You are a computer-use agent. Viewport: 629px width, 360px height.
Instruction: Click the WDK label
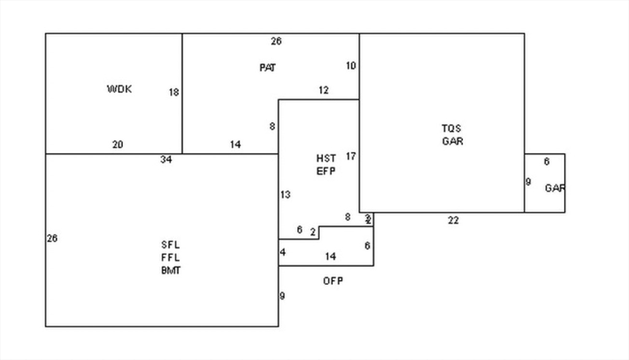(119, 89)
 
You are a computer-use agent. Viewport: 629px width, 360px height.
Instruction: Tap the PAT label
(267, 68)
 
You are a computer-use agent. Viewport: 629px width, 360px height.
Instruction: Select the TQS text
(451, 128)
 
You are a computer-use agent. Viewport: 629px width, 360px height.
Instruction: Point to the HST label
(326, 158)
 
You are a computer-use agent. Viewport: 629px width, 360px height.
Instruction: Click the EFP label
(326, 171)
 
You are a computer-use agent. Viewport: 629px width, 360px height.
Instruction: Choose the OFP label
(333, 281)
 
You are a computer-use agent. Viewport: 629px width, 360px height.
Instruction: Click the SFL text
(171, 245)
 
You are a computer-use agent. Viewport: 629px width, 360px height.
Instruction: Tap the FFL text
(171, 257)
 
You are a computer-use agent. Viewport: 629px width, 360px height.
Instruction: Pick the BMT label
(171, 270)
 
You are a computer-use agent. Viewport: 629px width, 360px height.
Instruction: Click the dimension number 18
(174, 92)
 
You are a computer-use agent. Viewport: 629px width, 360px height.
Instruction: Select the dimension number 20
(117, 145)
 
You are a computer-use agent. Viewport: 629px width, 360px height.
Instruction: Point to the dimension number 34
(166, 160)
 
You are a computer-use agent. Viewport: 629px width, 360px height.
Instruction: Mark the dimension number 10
(351, 66)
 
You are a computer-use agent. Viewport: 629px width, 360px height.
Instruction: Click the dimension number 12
(324, 90)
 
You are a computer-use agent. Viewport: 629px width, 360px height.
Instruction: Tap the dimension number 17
(351, 156)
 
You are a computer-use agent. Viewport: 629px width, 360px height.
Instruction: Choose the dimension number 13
(285, 195)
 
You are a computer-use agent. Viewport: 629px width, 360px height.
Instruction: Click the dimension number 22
(453, 221)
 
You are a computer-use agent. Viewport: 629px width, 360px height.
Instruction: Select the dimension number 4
(283, 252)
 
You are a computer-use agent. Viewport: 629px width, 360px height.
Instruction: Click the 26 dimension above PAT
(276, 41)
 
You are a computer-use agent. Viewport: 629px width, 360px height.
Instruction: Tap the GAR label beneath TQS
(452, 141)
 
